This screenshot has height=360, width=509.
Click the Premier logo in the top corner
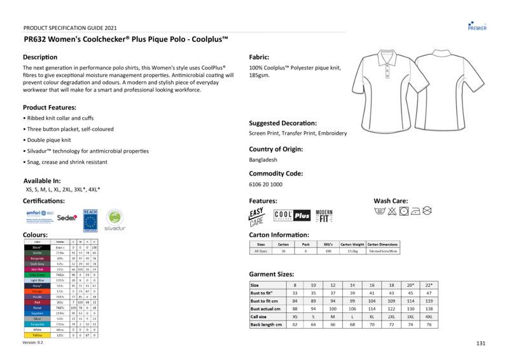477,25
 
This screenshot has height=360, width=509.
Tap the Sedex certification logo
67,217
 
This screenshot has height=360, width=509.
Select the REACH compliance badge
90,218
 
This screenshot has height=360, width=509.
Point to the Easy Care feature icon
256,216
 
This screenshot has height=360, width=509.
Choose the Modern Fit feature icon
324,216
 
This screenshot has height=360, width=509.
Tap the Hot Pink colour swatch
38,269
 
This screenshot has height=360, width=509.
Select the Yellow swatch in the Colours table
38,335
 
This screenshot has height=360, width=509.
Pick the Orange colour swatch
38,291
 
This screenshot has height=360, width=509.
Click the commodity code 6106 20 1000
265,184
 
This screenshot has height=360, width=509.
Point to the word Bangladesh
263,160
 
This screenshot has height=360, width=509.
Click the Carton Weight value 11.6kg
352,251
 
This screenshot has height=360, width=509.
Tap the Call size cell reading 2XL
391,316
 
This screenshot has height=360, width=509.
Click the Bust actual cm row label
266,308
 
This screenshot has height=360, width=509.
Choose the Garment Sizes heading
274,274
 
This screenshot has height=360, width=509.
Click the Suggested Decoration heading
282,123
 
